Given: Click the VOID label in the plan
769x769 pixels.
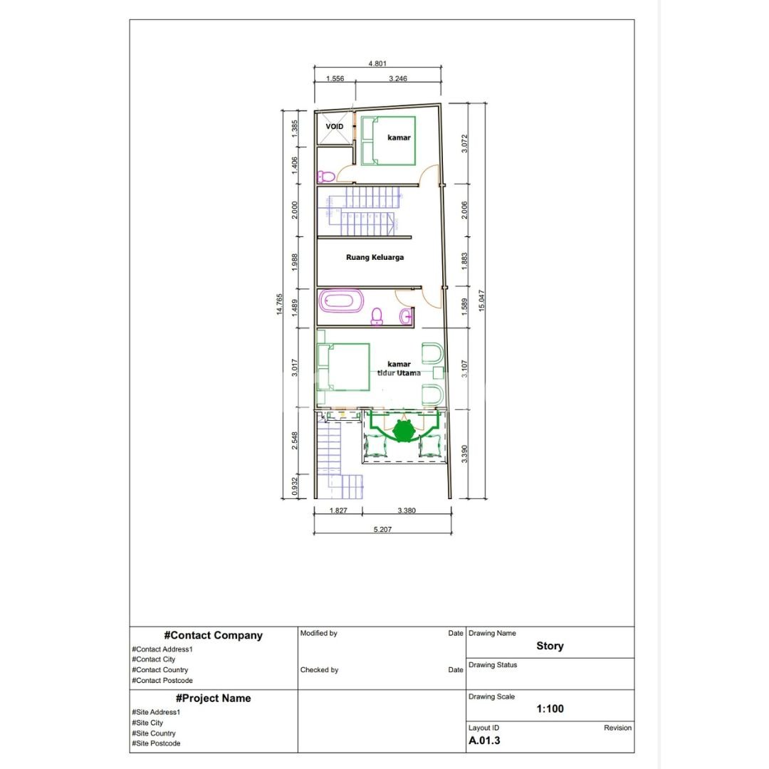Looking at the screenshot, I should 335,127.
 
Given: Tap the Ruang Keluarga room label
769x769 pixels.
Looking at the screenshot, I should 375,257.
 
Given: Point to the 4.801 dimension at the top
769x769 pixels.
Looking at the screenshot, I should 377,63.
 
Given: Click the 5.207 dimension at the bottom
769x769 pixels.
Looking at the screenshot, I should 382,529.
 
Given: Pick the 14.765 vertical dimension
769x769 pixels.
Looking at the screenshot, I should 281,304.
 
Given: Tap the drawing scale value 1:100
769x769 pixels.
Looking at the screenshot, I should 550,708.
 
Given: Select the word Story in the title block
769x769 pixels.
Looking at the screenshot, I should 550,646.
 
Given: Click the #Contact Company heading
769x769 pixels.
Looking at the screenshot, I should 213,635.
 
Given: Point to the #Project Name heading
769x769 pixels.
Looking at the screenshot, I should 213,698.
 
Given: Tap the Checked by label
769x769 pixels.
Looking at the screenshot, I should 319,669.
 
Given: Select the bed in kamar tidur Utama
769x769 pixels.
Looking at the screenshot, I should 344,367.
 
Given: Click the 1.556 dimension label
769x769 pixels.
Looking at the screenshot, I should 335,78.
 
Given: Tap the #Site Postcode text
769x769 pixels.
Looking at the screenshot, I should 156,743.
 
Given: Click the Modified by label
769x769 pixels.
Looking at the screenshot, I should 319,633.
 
